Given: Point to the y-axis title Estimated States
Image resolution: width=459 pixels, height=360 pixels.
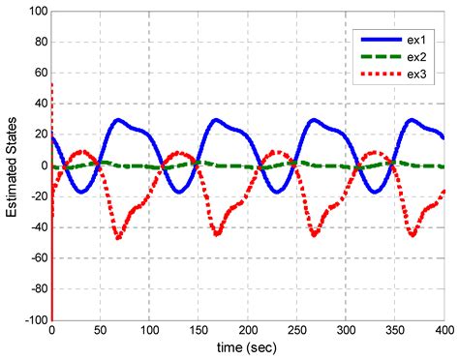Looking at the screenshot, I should pyautogui.click(x=13, y=165).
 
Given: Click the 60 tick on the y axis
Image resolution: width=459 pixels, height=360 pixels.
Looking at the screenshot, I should pyautogui.click(x=39, y=73).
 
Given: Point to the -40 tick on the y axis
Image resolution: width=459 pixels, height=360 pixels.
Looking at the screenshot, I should pyautogui.click(x=36, y=226).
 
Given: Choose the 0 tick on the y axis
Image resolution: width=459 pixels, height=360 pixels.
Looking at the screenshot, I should pyautogui.click(x=43, y=165).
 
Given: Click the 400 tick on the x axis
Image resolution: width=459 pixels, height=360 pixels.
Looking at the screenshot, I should pyautogui.click(x=444, y=330).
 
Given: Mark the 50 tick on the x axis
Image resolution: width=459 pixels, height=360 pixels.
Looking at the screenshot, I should pyautogui.click(x=101, y=330).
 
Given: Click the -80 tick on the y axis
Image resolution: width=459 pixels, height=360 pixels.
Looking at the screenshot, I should pyautogui.click(x=36, y=288).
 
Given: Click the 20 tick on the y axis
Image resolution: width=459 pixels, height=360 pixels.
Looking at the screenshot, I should pyautogui.click(x=39, y=135).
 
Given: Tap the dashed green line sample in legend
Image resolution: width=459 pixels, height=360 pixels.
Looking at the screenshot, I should pyautogui.click(x=381, y=59).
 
